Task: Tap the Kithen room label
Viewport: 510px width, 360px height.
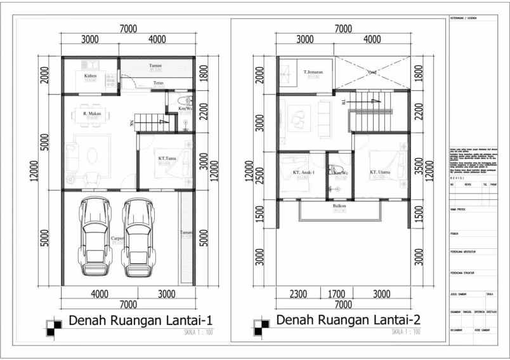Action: click(x=90, y=76)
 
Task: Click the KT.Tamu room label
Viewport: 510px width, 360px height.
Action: click(x=167, y=159)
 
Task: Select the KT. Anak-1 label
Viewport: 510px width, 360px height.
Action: click(x=305, y=172)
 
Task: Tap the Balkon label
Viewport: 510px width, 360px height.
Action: click(x=339, y=206)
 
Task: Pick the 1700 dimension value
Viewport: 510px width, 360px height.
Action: click(x=341, y=294)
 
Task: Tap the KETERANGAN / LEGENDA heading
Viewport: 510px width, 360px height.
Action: click(x=463, y=18)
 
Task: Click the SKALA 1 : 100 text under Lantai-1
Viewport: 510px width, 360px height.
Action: click(x=200, y=331)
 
